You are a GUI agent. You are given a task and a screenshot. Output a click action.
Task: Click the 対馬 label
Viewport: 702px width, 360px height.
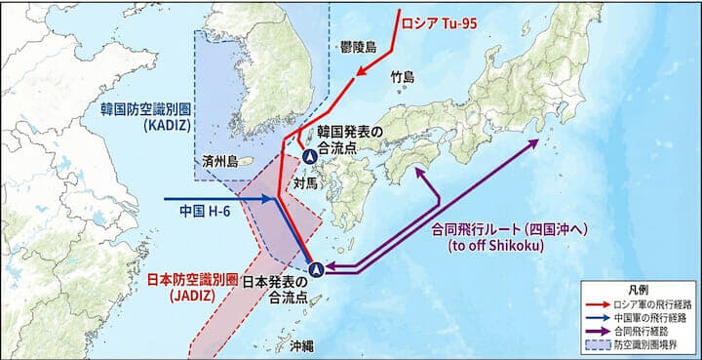pyautogui.click(x=304, y=181)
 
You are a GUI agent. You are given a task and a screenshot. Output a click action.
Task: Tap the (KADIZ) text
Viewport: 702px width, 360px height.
pyautogui.click(x=156, y=125)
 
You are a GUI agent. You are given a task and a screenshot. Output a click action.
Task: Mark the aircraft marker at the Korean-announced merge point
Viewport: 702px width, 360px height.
pyautogui.click(x=309, y=156)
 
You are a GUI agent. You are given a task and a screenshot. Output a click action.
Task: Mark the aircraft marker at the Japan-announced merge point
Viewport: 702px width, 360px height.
pyautogui.click(x=315, y=268)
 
